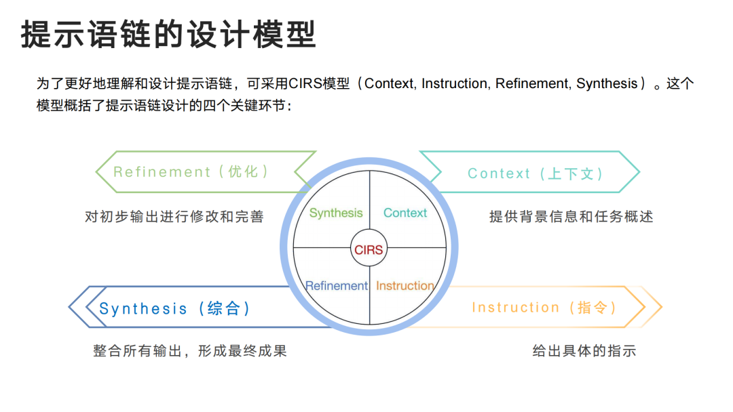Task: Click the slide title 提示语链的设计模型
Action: pyautogui.click(x=169, y=34)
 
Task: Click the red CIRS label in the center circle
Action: pyautogui.click(x=369, y=250)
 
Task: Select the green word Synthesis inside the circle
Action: pyautogui.click(x=336, y=213)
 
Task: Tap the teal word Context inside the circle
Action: pyautogui.click(x=405, y=213)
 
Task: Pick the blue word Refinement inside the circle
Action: pyautogui.click(x=336, y=285)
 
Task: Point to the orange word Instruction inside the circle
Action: pyautogui.click(x=405, y=285)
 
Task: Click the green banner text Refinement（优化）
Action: pyautogui.click(x=191, y=171)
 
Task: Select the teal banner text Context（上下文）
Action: pyautogui.click(x=535, y=173)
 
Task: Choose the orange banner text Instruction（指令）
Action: pyautogui.click(x=544, y=308)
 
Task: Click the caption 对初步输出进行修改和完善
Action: pyautogui.click(x=174, y=216)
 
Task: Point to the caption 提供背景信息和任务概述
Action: pyautogui.click(x=571, y=216)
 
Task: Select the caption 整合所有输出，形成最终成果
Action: pyautogui.click(x=190, y=351)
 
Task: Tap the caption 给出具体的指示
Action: pyautogui.click(x=584, y=351)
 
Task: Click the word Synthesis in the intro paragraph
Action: pyautogui.click(x=607, y=83)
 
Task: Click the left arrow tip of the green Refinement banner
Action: pyautogui.click(x=96, y=171)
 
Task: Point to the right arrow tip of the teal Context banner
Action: pyautogui.click(x=639, y=171)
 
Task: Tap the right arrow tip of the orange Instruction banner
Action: pyautogui.click(x=662, y=307)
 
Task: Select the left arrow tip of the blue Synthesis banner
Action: pyautogui.click(x=69, y=307)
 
